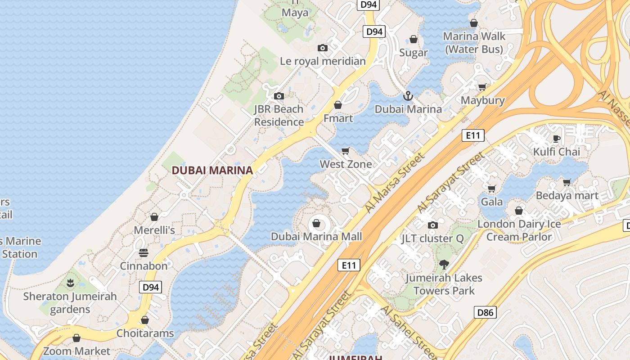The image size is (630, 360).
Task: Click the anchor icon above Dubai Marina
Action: (408, 95)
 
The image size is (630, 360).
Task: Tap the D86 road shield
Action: (485, 312)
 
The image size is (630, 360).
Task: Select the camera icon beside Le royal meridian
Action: (322, 48)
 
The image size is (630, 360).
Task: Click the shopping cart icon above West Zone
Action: (346, 151)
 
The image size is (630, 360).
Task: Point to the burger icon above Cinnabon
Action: (144, 253)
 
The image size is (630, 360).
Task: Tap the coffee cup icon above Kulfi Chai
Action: (557, 138)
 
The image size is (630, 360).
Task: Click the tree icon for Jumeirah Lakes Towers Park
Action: (444, 265)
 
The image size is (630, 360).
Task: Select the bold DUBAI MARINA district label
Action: (212, 170)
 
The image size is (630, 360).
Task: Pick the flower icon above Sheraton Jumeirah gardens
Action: (70, 283)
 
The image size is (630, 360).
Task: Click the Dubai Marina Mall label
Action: (316, 236)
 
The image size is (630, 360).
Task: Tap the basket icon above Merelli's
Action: (154, 217)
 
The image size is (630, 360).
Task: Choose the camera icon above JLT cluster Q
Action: (432, 225)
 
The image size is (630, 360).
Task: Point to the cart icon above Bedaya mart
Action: (567, 182)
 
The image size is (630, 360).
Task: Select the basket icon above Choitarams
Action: (145, 320)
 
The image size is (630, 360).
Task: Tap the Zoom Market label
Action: (76, 351)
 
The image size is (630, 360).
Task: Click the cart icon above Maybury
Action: (482, 87)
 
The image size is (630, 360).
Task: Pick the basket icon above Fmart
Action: (338, 105)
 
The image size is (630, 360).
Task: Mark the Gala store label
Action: (492, 201)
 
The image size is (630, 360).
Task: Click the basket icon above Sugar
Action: (414, 40)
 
